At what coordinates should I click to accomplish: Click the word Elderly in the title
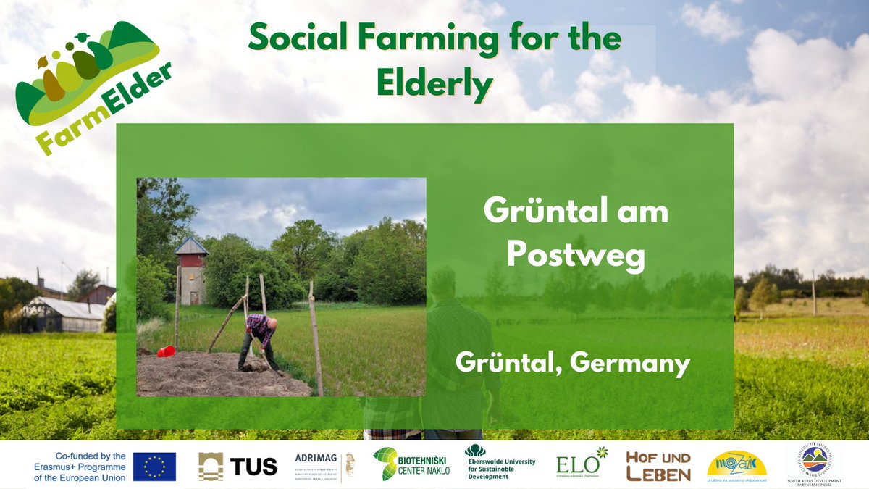pyautogui.click(x=434, y=85)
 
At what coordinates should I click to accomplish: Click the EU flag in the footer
pyautogui.click(x=154, y=466)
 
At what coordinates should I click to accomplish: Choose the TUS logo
pyautogui.click(x=238, y=466)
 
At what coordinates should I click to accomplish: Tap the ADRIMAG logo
pyautogui.click(x=324, y=465)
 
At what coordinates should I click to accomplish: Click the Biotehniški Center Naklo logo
pyautogui.click(x=411, y=464)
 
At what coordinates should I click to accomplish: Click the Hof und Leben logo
pyautogui.click(x=658, y=466)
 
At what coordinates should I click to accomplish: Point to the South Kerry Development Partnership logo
pyautogui.click(x=815, y=464)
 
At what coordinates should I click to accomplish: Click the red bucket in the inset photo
pyautogui.click(x=166, y=351)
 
